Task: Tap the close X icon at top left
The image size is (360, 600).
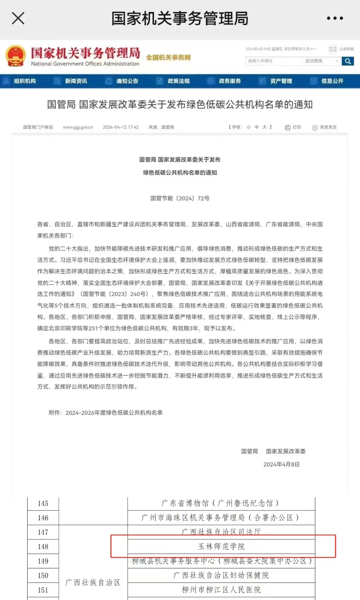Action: [x=18, y=18]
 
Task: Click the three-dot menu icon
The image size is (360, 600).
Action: [x=335, y=18]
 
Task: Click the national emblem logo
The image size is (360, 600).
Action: [x=15, y=56]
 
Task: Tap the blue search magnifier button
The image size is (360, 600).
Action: [x=348, y=61]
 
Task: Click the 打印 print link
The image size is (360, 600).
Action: [x=293, y=127]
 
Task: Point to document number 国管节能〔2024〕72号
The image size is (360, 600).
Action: [x=180, y=198]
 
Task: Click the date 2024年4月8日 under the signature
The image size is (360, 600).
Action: [x=281, y=464]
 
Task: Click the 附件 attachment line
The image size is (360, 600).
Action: [x=105, y=413]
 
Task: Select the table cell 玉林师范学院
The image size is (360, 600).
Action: [x=221, y=547]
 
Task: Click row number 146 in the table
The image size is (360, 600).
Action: [x=43, y=518]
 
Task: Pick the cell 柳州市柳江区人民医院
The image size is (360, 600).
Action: [x=221, y=590]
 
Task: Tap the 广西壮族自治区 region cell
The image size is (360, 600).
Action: [x=93, y=582]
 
